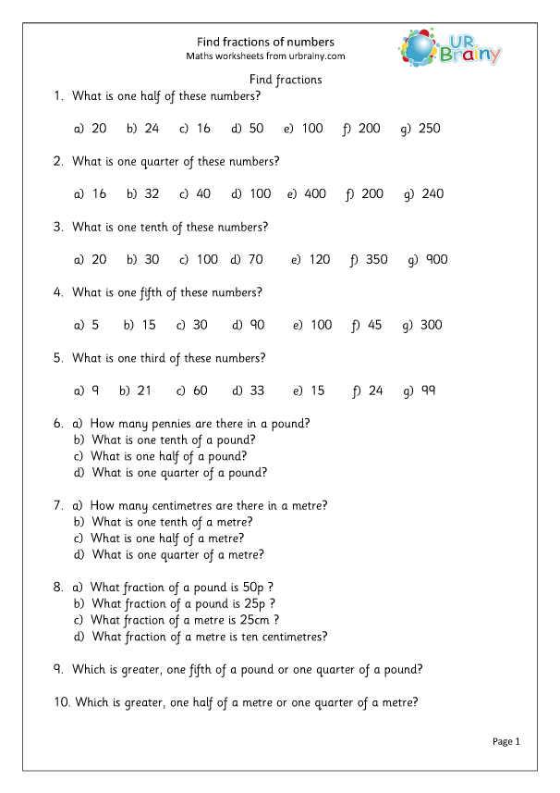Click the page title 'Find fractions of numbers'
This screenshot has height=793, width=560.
[266, 42]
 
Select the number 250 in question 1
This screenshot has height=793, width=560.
[430, 129]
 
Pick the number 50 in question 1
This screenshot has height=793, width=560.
[256, 129]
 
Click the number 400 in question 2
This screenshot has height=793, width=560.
[315, 194]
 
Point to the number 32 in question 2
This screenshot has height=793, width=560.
[152, 194]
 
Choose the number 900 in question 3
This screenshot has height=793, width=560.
[436, 260]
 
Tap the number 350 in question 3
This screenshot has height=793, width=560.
[376, 260]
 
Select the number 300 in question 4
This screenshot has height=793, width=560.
[431, 325]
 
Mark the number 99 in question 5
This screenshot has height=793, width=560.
[428, 390]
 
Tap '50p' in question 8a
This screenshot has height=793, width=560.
[262, 587]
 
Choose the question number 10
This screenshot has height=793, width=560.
[62, 702]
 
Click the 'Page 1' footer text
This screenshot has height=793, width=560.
[506, 741]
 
